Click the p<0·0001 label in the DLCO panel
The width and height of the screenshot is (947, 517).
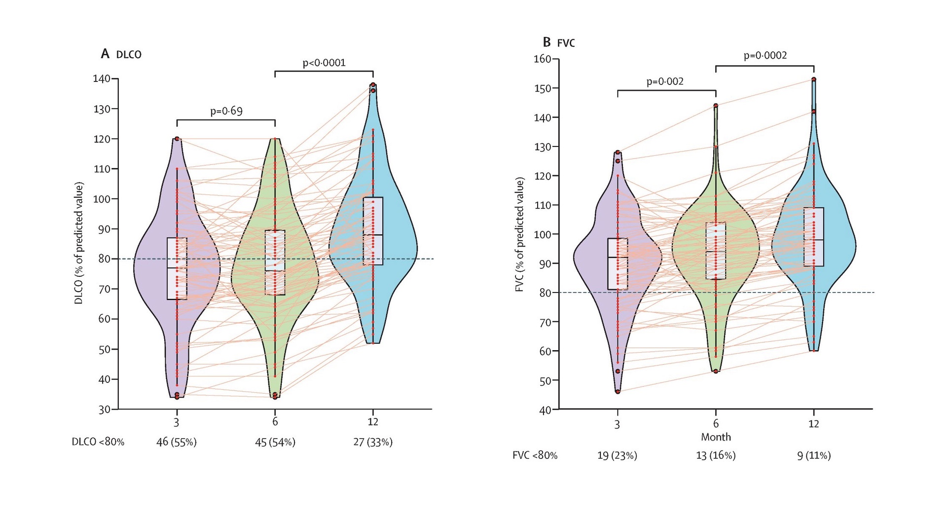pyautogui.click(x=324, y=63)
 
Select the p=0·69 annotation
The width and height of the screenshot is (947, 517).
pyautogui.click(x=226, y=111)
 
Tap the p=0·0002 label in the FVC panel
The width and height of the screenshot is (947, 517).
pyautogui.click(x=765, y=56)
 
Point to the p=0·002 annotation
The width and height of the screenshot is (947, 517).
pyautogui.click(x=665, y=81)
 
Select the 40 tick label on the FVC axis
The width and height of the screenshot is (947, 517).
pyautogui.click(x=545, y=410)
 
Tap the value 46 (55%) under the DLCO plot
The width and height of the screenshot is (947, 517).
pyautogui.click(x=177, y=442)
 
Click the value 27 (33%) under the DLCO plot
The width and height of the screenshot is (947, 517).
pyautogui.click(x=373, y=442)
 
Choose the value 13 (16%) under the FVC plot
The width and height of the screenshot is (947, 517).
pyautogui.click(x=716, y=455)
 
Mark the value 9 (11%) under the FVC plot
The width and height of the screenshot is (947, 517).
pyautogui.click(x=814, y=455)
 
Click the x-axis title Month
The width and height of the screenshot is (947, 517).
pyautogui.click(x=716, y=437)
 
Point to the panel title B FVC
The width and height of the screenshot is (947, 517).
pyautogui.click(x=559, y=42)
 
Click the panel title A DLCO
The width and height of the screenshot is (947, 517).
pyautogui.click(x=121, y=54)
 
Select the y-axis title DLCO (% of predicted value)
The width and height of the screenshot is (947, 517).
pyautogui.click(x=79, y=243)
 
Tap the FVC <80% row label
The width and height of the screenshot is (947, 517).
pyautogui.click(x=535, y=455)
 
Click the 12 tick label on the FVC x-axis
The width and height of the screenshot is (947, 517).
pyautogui.click(x=814, y=424)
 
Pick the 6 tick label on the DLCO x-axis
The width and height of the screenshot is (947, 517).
pyautogui.click(x=275, y=422)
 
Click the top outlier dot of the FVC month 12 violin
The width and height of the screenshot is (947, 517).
pyautogui.click(x=814, y=79)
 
